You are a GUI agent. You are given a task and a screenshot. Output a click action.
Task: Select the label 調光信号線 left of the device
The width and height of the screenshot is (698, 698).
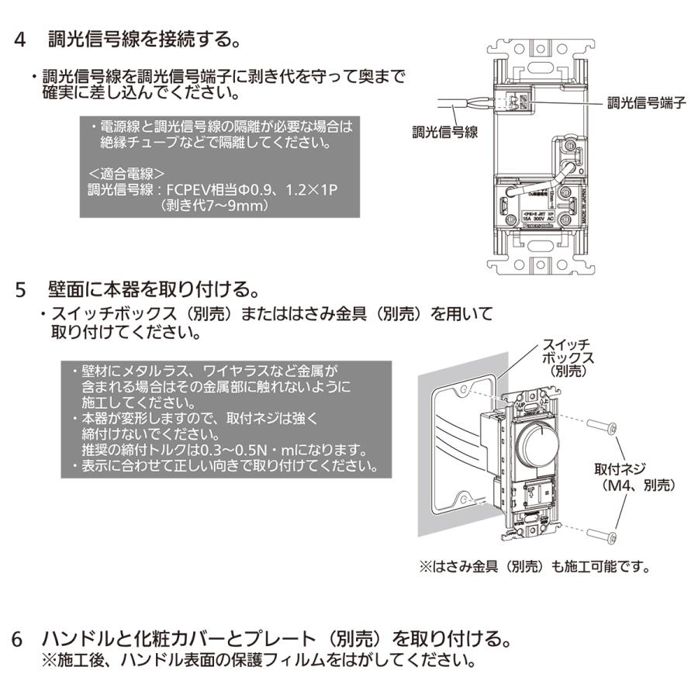pos(444,132)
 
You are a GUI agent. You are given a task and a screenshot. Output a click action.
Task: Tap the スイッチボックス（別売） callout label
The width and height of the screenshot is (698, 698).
pos(567,357)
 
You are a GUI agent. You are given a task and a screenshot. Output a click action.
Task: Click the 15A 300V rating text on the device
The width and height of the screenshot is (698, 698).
pos(537,219)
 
